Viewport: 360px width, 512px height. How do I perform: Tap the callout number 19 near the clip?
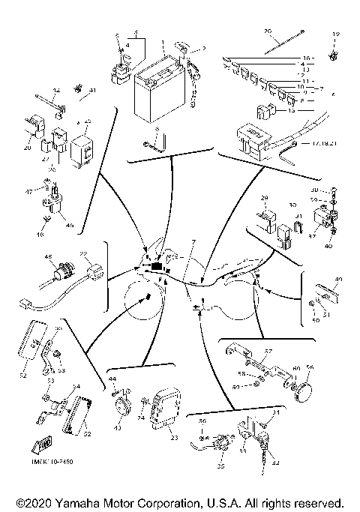pyautogui.click(x=336, y=34)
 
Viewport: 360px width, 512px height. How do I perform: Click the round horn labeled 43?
pyautogui.click(x=120, y=408)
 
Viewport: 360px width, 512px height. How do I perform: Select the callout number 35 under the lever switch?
pyautogui.click(x=220, y=466)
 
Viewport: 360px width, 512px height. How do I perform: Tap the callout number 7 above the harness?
pyautogui.click(x=193, y=242)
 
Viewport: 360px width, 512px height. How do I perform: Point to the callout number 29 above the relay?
pyautogui.click(x=263, y=197)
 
